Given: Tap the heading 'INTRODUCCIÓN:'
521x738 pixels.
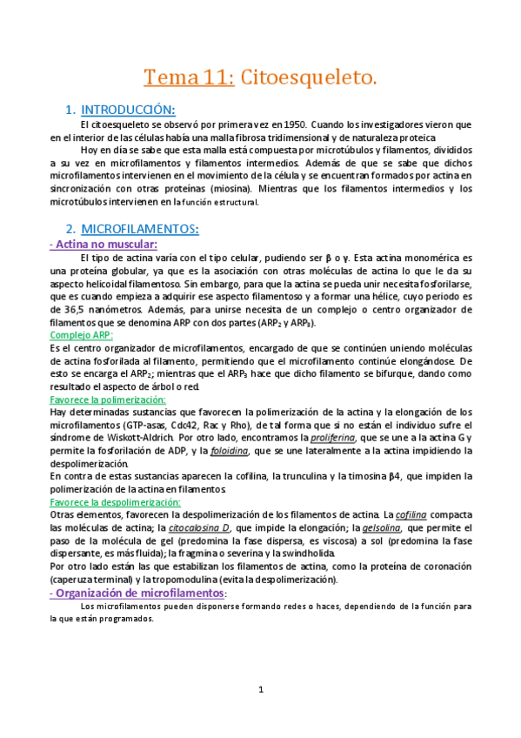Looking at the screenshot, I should pos(128,111).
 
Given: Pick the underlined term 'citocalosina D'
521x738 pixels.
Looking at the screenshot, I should pos(199,528).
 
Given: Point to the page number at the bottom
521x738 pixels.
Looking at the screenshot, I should pos(260,690).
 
